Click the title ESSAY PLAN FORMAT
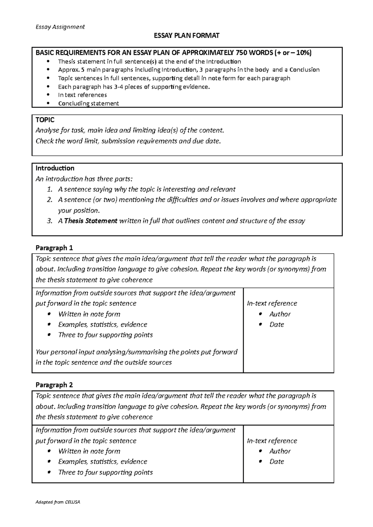click(x=186, y=36)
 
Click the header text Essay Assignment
click(x=60, y=27)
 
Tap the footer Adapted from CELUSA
click(x=58, y=502)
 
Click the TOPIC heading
click(x=45, y=120)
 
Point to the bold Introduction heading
click(x=55, y=168)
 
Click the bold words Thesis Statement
click(x=90, y=221)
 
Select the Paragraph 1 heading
click(x=54, y=248)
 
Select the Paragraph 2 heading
click(x=54, y=385)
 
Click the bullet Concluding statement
click(x=88, y=103)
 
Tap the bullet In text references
click(x=82, y=95)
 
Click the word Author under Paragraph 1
click(x=280, y=314)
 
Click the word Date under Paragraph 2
click(x=277, y=462)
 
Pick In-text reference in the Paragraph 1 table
click(x=272, y=303)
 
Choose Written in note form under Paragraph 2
click(x=89, y=451)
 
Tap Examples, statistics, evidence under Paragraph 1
click(x=103, y=324)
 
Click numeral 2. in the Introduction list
click(x=50, y=200)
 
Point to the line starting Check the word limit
click(x=128, y=141)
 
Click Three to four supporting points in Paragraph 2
click(x=105, y=472)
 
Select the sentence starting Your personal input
click(x=136, y=352)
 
